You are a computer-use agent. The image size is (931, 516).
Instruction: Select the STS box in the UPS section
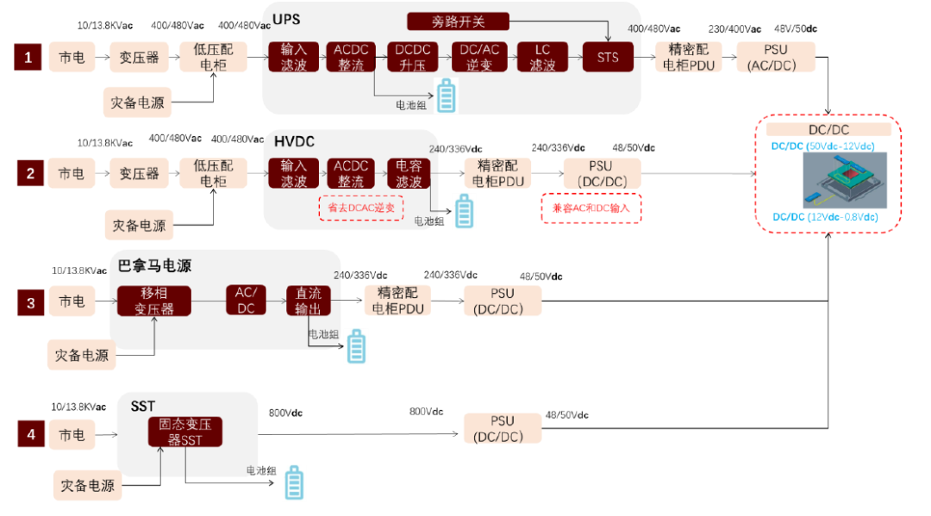pyautogui.click(x=608, y=59)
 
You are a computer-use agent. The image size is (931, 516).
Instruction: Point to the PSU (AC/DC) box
pyautogui.click(x=775, y=58)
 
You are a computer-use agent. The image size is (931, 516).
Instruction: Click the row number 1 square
pyautogui.click(x=28, y=58)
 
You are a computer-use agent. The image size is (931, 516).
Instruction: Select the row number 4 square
pyautogui.click(x=31, y=434)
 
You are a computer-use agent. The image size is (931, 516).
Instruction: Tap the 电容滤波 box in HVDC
pyautogui.click(x=409, y=174)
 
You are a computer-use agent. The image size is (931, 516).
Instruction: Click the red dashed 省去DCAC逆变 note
pyautogui.click(x=361, y=208)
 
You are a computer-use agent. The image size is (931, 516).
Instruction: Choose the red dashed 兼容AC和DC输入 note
pyautogui.click(x=591, y=208)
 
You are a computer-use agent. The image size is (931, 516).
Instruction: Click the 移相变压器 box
pyautogui.click(x=154, y=302)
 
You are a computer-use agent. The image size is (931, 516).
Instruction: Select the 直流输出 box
pyautogui.click(x=309, y=301)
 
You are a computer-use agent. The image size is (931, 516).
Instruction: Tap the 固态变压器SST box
pyautogui.click(x=185, y=432)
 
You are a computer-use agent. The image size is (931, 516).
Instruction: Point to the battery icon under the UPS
pyautogui.click(x=446, y=96)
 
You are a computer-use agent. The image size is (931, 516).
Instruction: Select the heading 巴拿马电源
pyautogui.click(x=154, y=266)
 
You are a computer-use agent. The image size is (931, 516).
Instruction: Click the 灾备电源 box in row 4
pyautogui.click(x=86, y=485)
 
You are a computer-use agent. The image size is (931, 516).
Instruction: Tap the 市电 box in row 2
pyautogui.click(x=72, y=174)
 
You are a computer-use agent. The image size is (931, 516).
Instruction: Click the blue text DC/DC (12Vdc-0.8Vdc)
pyautogui.click(x=825, y=217)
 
